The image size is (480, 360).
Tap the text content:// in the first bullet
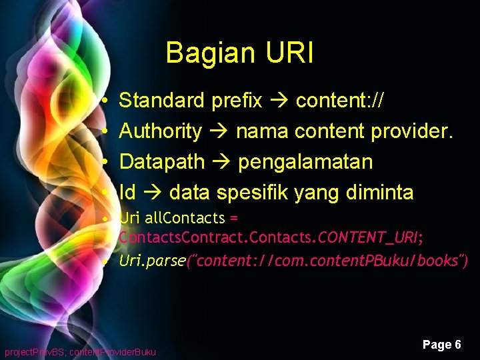coord(339,101)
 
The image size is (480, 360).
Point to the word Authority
coord(160,131)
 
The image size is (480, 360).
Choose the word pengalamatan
coord(305,162)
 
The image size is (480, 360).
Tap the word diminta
coord(380,193)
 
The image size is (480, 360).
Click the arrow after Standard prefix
coord(279,101)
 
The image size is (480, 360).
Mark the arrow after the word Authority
coord(219,131)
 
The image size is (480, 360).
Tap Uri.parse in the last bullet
coord(153,261)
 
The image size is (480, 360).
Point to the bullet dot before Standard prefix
coord(106,101)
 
